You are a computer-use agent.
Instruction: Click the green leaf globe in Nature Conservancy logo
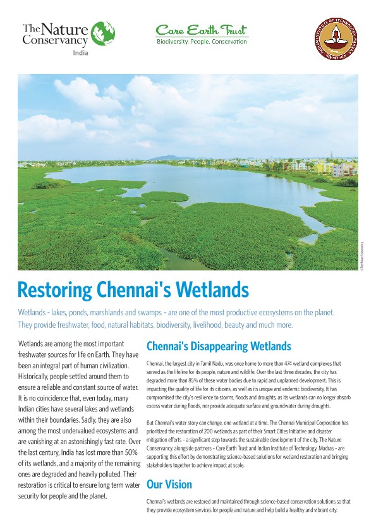coord(103,33)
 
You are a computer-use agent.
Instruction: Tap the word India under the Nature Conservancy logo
coord(80,53)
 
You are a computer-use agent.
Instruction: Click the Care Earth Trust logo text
coord(202,30)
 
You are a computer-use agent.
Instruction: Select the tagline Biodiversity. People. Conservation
coord(202,42)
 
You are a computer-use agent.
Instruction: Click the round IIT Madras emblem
coord(336,39)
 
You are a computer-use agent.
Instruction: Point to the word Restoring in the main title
coord(56,290)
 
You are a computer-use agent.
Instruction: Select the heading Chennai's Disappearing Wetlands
coord(218,346)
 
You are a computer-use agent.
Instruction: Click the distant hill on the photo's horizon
coord(166,158)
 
